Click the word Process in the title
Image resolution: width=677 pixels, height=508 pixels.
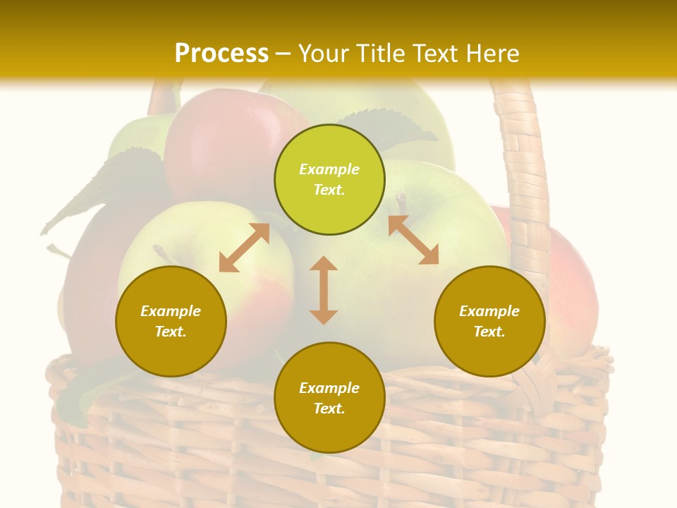[x=221, y=53]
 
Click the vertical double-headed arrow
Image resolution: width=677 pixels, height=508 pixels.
[x=324, y=290]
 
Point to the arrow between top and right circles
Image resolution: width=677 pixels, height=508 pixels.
[x=413, y=240]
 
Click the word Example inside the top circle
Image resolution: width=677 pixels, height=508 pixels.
[x=329, y=169]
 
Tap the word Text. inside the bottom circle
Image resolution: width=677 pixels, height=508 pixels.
[x=329, y=409]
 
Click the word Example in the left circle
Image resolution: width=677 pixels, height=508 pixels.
[x=171, y=311]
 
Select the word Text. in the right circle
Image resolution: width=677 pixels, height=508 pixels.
[x=489, y=332]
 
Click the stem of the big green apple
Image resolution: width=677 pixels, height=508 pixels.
[x=401, y=203]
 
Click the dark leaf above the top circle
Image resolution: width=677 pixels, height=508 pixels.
[x=402, y=127]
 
